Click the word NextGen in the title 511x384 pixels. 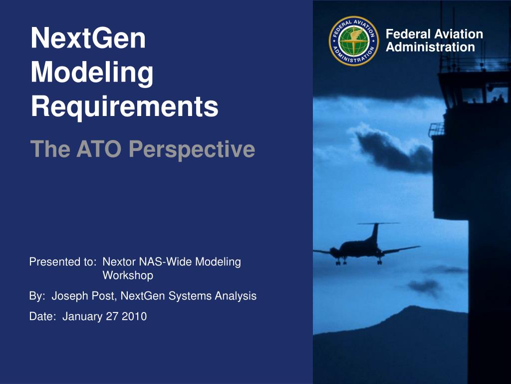click(x=88, y=38)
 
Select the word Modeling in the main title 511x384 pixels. click(x=92, y=73)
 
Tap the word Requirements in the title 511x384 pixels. click(x=124, y=106)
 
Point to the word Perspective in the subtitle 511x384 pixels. click(x=192, y=149)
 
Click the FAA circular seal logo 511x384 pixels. click(x=354, y=41)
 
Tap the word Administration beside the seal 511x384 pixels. click(x=430, y=47)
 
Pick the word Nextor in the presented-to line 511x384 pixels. click(x=119, y=261)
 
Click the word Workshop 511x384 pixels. click(x=128, y=275)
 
